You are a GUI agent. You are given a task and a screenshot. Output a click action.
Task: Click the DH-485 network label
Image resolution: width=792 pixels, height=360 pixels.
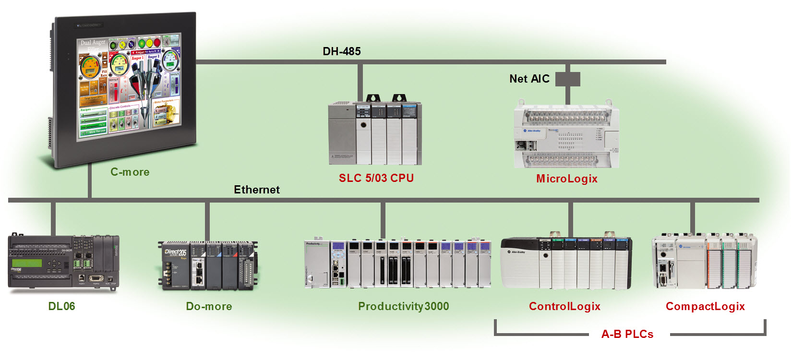341,51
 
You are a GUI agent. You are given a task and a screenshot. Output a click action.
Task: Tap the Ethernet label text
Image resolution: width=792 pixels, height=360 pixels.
256,190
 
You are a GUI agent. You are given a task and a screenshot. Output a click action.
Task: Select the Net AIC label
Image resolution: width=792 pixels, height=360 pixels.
529,79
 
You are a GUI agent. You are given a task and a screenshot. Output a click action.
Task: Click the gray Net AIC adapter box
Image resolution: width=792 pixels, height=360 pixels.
568,79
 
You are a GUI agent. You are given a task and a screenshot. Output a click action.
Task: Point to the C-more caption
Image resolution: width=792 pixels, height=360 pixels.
130,172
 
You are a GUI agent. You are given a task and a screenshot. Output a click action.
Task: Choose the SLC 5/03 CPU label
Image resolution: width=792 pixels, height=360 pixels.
376,178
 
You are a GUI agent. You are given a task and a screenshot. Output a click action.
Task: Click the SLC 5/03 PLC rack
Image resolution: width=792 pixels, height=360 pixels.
375,132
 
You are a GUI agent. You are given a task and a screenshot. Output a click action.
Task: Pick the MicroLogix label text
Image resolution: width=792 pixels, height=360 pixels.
566,179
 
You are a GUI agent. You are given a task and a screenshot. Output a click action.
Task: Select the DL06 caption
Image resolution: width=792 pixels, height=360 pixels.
61,306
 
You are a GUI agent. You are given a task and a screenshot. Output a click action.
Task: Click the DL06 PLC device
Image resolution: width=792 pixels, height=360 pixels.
63,262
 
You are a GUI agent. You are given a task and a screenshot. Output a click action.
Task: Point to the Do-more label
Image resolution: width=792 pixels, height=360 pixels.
209,306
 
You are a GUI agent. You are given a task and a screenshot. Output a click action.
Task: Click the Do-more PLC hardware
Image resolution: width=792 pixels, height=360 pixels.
208,265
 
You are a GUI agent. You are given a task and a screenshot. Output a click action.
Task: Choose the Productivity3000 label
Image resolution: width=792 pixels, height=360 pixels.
403,306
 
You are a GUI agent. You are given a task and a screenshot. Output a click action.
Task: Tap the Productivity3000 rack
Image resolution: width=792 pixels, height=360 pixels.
397,263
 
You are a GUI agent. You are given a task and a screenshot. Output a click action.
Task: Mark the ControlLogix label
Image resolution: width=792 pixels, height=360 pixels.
564,306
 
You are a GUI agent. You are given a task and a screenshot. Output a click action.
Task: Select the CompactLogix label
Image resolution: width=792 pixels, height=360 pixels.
705,306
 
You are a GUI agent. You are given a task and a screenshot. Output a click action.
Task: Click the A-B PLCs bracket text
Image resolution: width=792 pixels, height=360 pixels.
627,334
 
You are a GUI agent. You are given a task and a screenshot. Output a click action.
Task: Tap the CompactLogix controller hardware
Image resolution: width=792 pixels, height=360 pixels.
704,262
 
